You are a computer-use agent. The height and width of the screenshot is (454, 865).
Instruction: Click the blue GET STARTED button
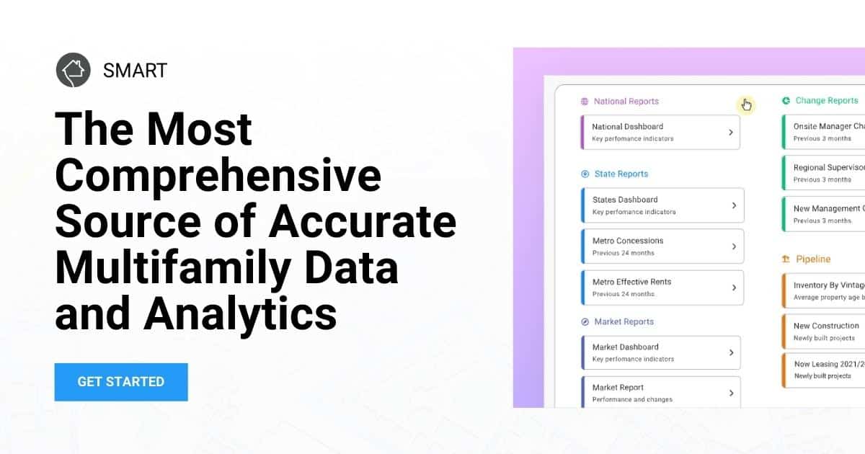(121, 382)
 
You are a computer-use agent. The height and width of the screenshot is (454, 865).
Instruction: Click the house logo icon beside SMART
(73, 70)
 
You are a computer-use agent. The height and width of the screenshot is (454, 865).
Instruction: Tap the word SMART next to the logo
(135, 70)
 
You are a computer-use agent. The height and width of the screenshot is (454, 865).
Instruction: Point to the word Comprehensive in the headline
(218, 174)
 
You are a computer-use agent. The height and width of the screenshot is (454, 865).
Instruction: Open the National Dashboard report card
(660, 132)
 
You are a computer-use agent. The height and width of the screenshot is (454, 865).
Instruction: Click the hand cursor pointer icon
(746, 105)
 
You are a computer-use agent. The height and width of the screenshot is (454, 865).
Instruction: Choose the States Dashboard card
(662, 205)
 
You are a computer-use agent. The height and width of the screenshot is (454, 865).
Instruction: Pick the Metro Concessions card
(662, 246)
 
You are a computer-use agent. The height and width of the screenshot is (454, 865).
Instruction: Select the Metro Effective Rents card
(662, 288)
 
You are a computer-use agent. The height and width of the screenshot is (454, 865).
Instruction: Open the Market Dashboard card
(660, 352)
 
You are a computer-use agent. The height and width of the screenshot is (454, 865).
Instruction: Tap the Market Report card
(660, 393)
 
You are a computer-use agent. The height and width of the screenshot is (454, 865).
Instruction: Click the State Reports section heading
(621, 174)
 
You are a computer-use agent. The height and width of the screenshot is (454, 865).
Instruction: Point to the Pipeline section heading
(813, 259)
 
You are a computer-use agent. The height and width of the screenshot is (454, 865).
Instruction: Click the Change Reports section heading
(826, 101)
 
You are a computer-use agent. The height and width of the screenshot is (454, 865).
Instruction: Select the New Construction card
(826, 331)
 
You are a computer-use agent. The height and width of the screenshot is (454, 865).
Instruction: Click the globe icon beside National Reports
(585, 102)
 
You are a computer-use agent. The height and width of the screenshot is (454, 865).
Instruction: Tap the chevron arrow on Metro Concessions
(734, 246)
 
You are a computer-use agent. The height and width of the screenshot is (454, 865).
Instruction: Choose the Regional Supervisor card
(826, 173)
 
